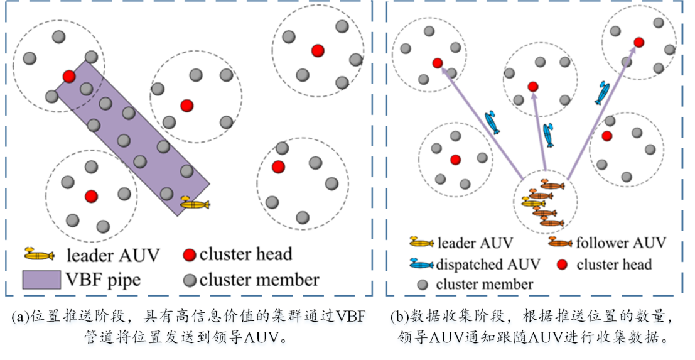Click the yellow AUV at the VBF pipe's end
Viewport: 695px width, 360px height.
click(195, 204)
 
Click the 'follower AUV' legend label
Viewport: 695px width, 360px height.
click(620, 243)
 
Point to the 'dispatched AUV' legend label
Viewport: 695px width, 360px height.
click(480, 264)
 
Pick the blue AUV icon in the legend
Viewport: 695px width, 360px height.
click(422, 265)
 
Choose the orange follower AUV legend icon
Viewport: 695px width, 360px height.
click(560, 243)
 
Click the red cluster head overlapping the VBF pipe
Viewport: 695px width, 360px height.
click(69, 76)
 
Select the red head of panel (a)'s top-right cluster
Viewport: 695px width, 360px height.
click(318, 50)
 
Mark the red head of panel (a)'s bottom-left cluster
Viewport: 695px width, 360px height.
click(92, 196)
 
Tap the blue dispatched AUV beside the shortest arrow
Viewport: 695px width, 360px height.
click(549, 134)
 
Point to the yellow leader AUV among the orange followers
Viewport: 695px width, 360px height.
click(533, 203)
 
